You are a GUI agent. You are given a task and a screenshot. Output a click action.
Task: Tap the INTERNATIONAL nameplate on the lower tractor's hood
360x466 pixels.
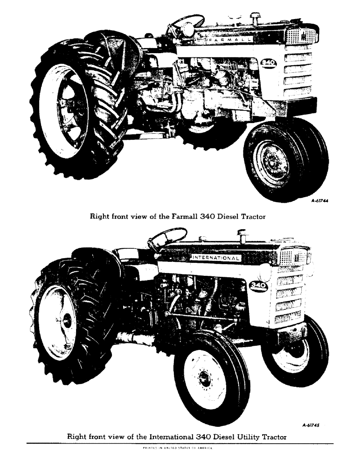click(215, 258)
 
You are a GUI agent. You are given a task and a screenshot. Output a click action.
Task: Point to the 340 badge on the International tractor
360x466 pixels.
click(258, 286)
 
